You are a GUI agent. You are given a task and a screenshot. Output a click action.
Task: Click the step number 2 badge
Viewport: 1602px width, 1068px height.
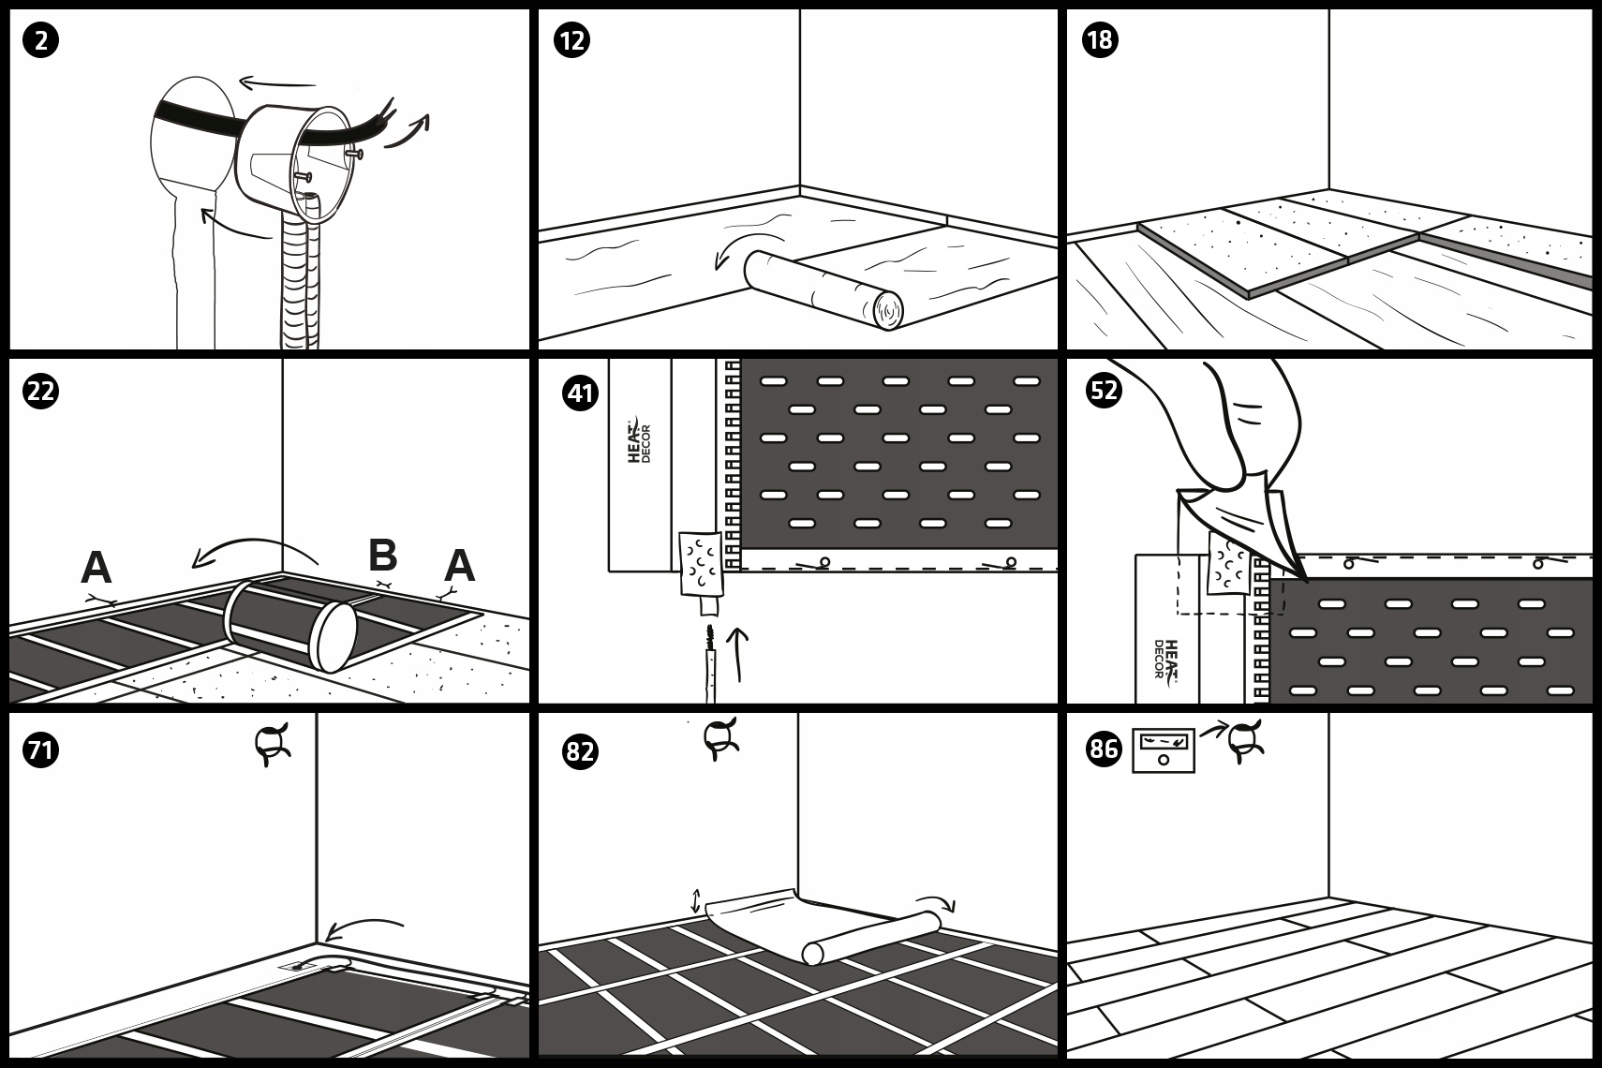[40, 40]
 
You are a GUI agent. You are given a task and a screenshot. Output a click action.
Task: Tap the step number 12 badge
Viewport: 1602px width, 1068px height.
[571, 40]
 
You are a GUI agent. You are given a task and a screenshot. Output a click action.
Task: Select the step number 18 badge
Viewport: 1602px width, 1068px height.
[1100, 40]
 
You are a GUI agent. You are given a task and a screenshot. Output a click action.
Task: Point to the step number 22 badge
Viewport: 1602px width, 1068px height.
[40, 392]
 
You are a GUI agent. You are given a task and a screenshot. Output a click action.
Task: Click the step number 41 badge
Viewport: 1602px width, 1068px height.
[580, 393]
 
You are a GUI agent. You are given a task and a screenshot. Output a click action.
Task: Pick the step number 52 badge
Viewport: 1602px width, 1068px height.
[1104, 391]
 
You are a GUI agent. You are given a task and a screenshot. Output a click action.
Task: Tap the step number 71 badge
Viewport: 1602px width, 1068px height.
[40, 750]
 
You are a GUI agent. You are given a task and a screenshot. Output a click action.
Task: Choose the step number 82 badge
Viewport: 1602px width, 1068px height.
[580, 752]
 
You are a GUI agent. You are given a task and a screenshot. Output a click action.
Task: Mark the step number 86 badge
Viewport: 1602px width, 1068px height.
[1104, 749]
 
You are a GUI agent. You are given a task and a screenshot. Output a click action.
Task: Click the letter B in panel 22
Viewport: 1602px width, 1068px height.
[382, 555]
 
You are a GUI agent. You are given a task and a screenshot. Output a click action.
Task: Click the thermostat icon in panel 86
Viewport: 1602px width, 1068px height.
[1164, 750]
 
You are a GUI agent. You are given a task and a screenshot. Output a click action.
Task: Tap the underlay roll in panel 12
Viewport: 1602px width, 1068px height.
[823, 289]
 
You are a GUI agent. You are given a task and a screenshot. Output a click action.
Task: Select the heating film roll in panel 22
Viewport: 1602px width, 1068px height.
[289, 625]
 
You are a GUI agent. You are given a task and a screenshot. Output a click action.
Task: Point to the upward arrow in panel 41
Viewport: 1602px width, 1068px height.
[737, 655]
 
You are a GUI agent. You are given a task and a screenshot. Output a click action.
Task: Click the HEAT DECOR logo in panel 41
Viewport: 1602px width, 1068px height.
[639, 440]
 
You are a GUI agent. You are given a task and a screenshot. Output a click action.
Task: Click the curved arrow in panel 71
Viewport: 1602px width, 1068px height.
[364, 928]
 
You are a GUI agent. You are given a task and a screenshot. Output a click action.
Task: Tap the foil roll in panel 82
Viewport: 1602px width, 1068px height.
[870, 937]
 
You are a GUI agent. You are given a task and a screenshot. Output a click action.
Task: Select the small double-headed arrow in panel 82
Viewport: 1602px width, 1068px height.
[696, 901]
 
